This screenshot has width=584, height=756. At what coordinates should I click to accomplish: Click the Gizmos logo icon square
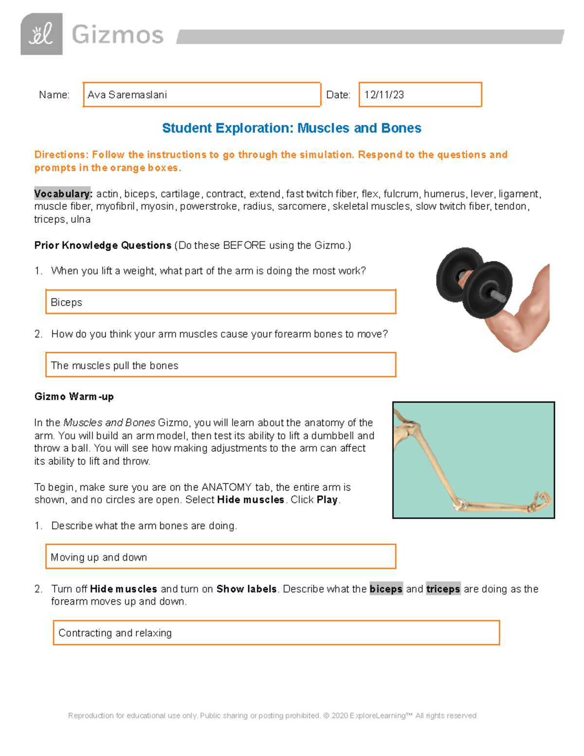coord(41,34)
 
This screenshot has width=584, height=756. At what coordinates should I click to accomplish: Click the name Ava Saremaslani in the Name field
coord(127,95)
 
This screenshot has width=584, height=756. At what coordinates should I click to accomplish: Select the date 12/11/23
coord(384,95)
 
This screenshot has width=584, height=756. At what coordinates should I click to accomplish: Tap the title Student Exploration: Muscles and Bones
coord(292,128)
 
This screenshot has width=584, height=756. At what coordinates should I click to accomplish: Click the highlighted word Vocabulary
coord(63,194)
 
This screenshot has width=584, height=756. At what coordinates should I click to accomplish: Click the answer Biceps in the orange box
coord(67,302)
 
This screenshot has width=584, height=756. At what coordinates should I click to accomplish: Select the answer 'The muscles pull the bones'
coord(114,366)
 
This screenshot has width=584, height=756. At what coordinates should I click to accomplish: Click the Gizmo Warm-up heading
coord(74,397)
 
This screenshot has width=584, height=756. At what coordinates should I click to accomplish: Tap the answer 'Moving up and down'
coord(99,557)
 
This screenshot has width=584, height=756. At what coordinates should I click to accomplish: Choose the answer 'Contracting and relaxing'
coord(115,633)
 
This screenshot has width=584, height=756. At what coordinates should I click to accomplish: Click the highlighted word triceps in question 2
coord(443,589)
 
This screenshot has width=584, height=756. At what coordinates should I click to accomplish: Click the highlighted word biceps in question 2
coord(386,589)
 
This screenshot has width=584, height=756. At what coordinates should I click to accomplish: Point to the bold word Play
coord(327,500)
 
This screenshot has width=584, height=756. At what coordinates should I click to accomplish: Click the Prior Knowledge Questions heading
coord(103,245)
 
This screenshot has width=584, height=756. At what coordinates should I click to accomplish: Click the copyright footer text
coord(272,716)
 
